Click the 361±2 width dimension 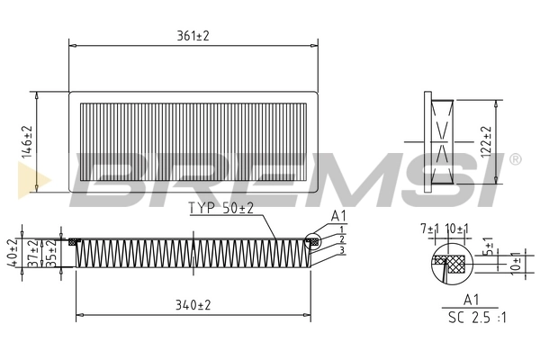click(193, 35)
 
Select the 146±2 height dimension click(27, 141)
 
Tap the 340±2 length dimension click(193, 305)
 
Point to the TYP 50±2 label click(221, 209)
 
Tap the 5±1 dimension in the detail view click(487, 245)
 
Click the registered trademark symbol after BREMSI click(515, 159)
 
